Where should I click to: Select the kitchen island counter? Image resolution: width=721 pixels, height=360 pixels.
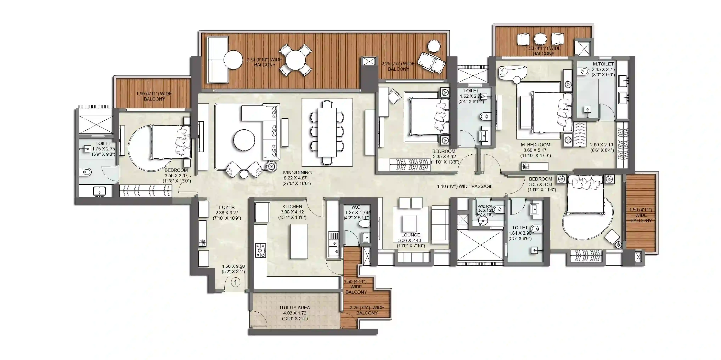point(299,241)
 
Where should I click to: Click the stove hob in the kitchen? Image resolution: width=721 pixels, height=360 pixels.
point(260,250)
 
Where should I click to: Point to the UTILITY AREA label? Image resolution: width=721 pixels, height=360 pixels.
point(295,308)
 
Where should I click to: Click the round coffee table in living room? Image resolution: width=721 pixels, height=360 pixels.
point(244,140)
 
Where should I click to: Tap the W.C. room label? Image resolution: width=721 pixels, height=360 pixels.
point(356,207)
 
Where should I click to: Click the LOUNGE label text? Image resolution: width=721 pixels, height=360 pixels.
point(411,235)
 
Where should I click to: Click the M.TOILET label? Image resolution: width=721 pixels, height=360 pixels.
point(603,64)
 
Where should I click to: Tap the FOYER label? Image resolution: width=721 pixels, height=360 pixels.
point(227,207)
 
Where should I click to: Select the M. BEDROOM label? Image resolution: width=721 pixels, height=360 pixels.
point(535,145)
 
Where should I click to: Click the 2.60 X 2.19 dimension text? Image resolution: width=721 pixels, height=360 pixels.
point(601,145)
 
